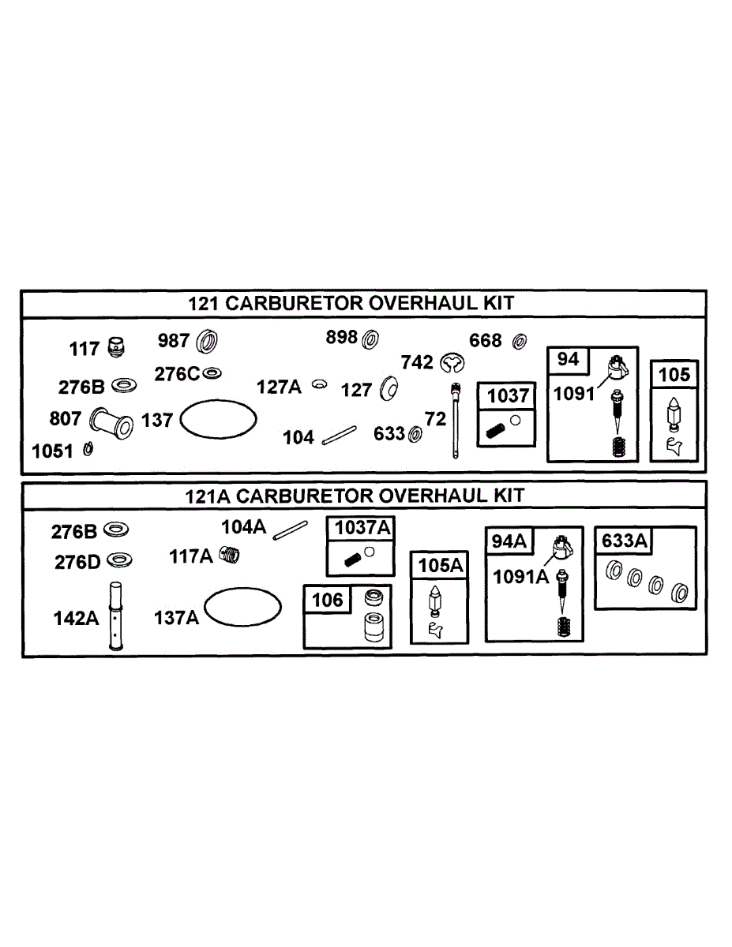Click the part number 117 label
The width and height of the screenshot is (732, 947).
click(x=84, y=348)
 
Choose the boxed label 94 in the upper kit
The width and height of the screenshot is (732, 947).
click(x=569, y=360)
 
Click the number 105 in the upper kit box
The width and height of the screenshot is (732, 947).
click(x=674, y=374)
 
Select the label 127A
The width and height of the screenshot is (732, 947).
click(x=280, y=387)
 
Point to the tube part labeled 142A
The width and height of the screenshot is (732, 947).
click(x=116, y=616)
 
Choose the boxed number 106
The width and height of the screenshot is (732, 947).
click(x=328, y=600)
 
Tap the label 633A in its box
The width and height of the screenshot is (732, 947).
click(x=625, y=541)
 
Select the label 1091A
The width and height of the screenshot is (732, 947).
click(x=520, y=576)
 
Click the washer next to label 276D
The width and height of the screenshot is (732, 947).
click(x=119, y=560)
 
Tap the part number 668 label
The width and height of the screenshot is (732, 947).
click(x=486, y=341)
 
